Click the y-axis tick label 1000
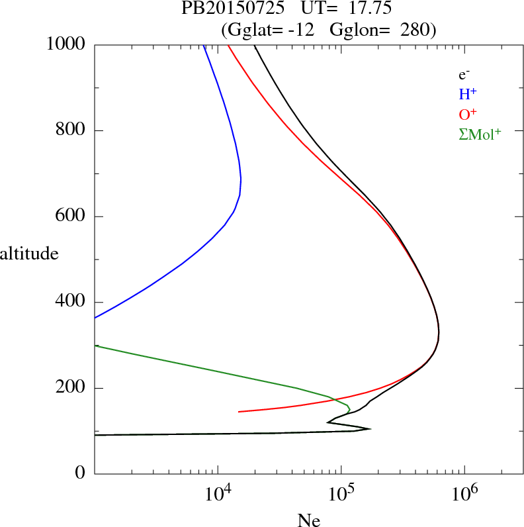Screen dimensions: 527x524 click(x=65, y=44)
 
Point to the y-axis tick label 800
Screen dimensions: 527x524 click(x=71, y=130)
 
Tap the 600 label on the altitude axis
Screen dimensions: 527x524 click(x=71, y=216)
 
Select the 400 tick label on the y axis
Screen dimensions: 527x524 click(x=71, y=303)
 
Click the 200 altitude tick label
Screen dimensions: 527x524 click(x=71, y=389)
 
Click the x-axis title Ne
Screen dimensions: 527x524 click(x=308, y=520)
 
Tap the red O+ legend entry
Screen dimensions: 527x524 click(x=468, y=115)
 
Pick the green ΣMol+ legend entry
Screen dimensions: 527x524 click(x=480, y=134)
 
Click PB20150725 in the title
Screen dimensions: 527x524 click(x=223, y=9)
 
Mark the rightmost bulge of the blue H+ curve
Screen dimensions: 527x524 click(x=241, y=179)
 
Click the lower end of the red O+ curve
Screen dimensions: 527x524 click(x=239, y=412)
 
